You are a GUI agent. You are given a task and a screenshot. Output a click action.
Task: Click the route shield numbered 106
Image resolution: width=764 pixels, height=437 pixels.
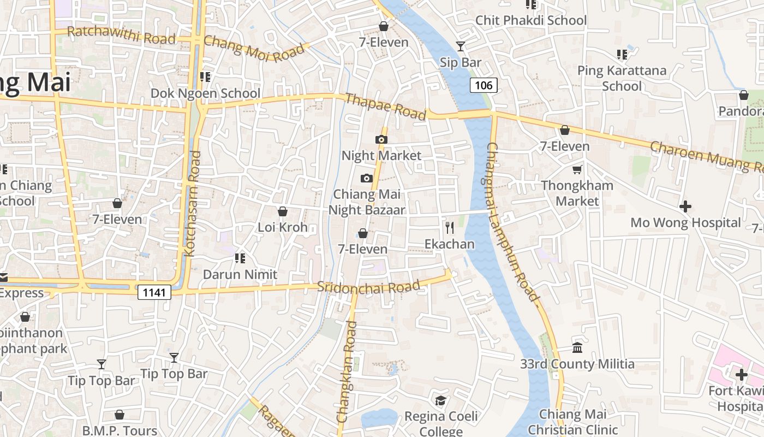(484, 85)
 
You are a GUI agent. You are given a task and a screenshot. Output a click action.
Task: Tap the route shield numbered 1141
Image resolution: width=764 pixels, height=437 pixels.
(154, 292)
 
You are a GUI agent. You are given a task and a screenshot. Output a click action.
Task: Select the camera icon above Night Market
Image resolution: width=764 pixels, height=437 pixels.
(381, 140)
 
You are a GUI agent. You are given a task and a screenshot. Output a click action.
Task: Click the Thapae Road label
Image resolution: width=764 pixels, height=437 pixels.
(386, 106)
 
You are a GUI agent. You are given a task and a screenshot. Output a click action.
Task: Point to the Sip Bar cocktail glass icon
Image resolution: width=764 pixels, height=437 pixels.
(461, 46)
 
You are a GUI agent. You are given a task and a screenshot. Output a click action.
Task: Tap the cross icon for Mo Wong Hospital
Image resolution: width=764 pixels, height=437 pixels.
(685, 206)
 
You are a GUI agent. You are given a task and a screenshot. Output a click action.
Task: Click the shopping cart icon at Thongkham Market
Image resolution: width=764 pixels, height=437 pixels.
(577, 170)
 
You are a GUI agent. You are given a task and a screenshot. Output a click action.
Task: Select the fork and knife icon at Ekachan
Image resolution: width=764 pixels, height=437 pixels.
(450, 228)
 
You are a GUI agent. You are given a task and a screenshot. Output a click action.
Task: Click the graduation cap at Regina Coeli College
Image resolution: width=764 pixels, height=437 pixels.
(440, 400)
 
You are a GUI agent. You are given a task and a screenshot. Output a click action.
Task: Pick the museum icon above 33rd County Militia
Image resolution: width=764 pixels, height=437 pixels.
(577, 347)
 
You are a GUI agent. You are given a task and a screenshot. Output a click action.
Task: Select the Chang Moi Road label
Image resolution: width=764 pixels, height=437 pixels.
(254, 50)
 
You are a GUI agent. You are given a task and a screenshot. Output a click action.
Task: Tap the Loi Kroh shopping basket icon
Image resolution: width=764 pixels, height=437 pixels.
(283, 211)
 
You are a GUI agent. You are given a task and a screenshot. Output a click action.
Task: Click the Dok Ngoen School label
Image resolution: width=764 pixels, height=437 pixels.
(205, 93)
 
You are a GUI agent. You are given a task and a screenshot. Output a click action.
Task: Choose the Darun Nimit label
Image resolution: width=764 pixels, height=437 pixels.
(240, 274)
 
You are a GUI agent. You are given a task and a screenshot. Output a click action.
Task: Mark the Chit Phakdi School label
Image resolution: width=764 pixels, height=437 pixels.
(531, 21)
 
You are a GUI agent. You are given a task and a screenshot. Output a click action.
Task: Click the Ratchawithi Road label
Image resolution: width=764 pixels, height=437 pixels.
(121, 35)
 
